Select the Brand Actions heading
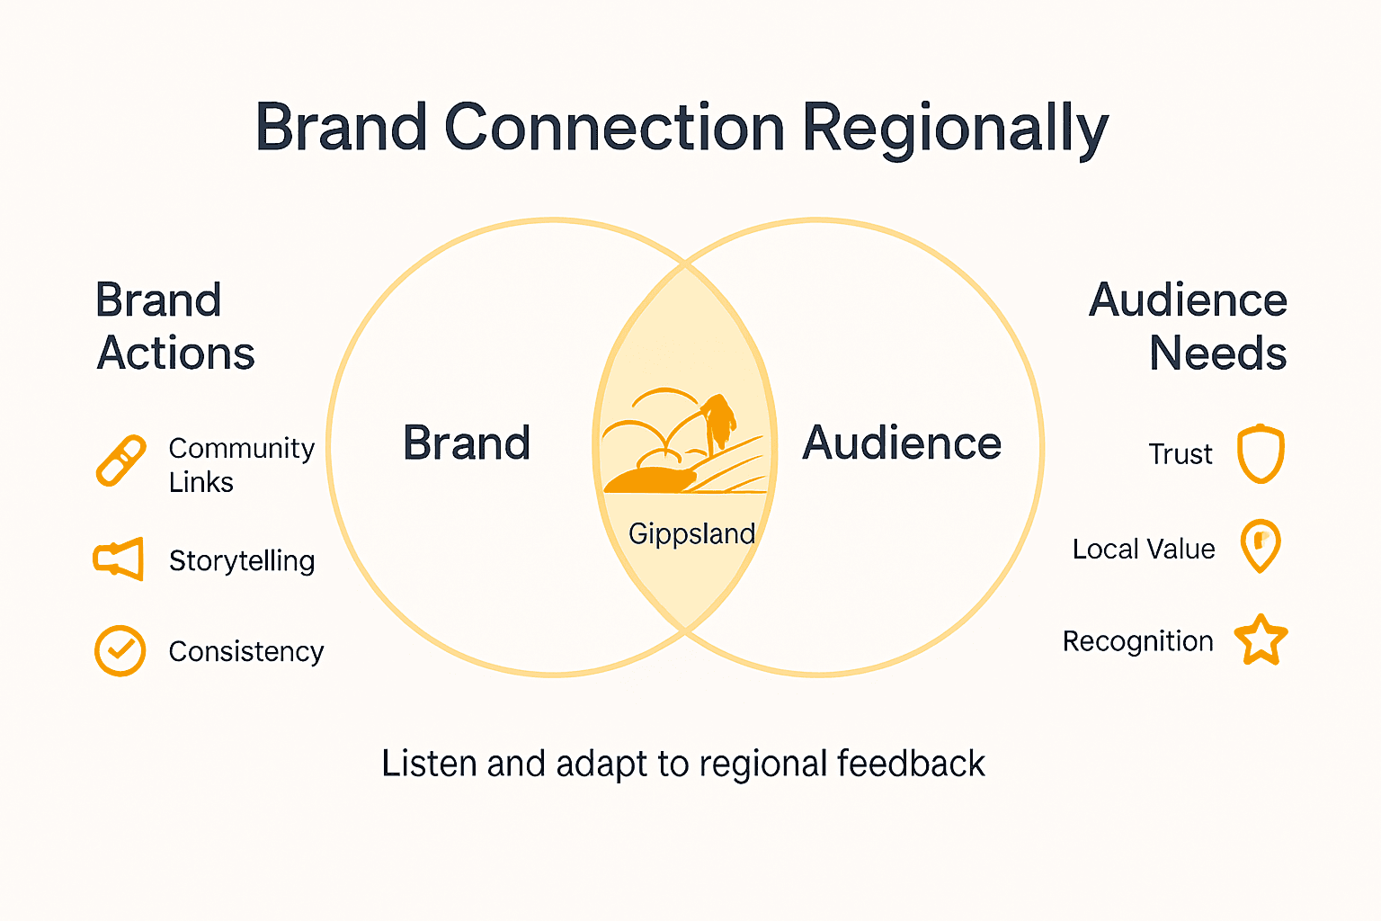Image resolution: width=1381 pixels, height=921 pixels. pos(174,326)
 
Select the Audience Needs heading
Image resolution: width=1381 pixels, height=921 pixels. pos(1189,326)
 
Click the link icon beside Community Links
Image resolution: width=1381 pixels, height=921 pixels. pos(121,460)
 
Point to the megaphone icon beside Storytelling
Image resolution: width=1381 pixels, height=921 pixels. pos(119,559)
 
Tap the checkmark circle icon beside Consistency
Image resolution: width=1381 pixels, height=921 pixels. pos(120,650)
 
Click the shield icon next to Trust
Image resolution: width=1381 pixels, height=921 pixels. pos(1261,453)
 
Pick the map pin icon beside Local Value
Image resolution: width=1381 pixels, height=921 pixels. pos(1261,545)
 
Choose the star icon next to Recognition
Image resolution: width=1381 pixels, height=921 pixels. pos(1261,640)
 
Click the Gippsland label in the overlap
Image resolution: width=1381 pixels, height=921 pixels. pos(691,533)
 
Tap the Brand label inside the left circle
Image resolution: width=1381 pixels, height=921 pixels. pos(467,443)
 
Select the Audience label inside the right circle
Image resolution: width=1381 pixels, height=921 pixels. pos(902,443)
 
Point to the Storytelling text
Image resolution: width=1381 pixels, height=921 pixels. pos(242,560)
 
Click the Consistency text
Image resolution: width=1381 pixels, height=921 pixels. pos(246,651)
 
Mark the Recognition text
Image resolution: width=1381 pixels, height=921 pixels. pos(1137,641)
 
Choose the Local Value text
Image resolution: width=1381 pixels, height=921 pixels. pos(1144,549)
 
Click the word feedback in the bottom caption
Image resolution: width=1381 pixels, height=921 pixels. pos(911,764)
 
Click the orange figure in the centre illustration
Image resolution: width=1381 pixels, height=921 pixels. pos(718,421)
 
